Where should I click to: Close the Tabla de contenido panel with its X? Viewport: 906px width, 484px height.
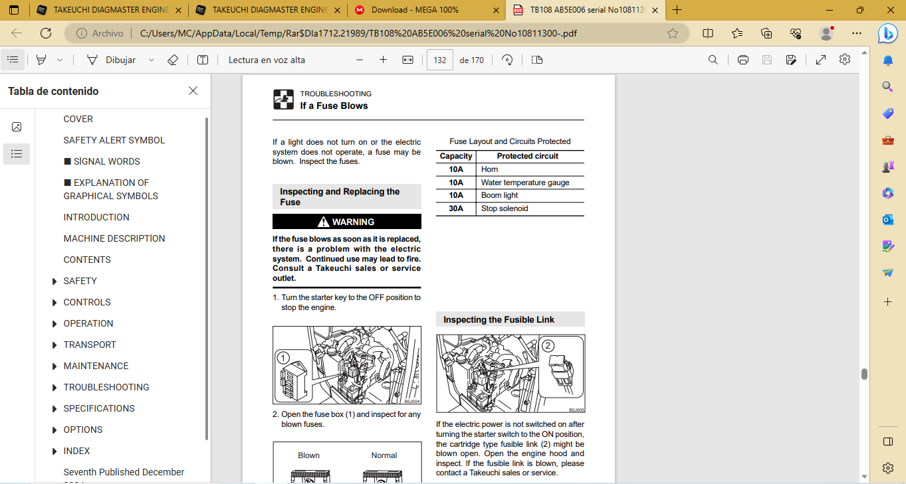coord(193,91)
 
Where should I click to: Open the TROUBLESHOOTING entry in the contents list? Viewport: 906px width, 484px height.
coord(106,387)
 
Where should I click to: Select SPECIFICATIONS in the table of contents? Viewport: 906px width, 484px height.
coord(99,408)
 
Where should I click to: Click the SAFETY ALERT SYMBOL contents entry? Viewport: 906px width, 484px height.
coord(114,140)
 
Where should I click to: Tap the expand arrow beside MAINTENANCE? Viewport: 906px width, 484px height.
coord(55,366)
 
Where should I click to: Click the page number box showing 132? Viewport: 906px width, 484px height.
coord(439,60)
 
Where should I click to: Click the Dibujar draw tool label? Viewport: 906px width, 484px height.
coord(120,60)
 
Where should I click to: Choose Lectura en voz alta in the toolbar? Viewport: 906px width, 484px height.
coord(267,60)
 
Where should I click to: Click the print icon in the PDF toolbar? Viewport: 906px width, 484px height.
coord(742,60)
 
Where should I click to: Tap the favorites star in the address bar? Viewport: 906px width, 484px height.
coord(673,33)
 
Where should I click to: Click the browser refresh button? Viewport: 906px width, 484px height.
coord(46,33)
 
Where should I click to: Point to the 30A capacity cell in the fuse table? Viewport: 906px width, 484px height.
coord(456,208)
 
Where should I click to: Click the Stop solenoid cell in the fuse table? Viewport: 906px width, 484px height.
coord(505,208)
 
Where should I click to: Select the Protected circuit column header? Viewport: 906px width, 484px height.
coord(527,156)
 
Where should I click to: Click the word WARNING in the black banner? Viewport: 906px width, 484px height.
coord(353,222)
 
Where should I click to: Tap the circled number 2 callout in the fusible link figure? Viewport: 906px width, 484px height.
coord(548,346)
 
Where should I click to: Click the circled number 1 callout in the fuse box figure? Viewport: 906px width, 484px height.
coord(283,359)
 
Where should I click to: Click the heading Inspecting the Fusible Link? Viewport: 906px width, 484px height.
coord(499,319)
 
